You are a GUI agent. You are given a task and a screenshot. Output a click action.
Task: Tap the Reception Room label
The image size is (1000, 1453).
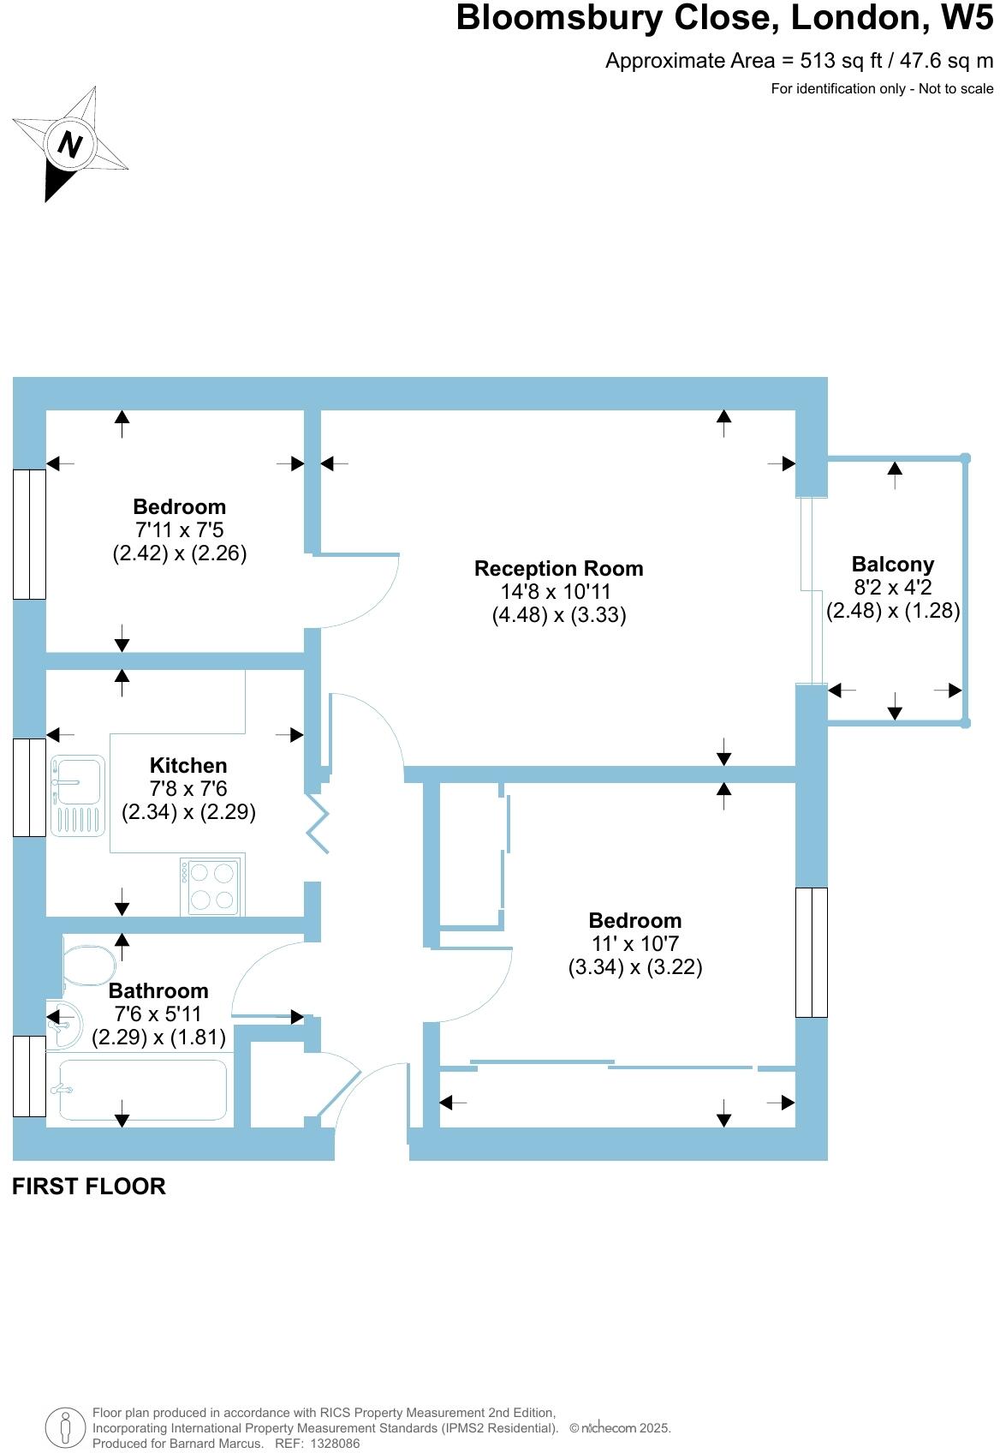pyautogui.click(x=558, y=568)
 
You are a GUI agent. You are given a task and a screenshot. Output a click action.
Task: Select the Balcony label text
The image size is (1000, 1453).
pyautogui.click(x=892, y=564)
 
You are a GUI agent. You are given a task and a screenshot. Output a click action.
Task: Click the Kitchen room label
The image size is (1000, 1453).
pyautogui.click(x=188, y=765)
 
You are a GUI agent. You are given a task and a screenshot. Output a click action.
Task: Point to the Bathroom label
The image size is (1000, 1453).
pyautogui.click(x=158, y=990)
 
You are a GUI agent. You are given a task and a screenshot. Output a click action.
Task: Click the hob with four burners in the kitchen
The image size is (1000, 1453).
pyautogui.click(x=211, y=887)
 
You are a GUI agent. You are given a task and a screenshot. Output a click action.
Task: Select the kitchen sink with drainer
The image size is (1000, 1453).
pyautogui.click(x=78, y=794)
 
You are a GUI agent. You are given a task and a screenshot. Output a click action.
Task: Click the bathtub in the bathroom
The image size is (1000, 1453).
pyautogui.click(x=141, y=1090)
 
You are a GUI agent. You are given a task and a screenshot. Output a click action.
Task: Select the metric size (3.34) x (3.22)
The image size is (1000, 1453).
pyautogui.click(x=635, y=967)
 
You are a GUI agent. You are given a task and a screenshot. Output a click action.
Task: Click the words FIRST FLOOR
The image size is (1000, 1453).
pyautogui.click(x=89, y=1187)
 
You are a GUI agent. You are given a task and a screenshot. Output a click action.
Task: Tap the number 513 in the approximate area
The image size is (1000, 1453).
pyautogui.click(x=818, y=61)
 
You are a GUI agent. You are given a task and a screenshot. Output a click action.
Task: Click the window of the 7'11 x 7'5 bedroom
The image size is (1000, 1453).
pyautogui.click(x=29, y=534)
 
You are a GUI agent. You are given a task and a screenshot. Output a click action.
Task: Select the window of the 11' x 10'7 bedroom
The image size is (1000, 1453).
pyautogui.click(x=812, y=952)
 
